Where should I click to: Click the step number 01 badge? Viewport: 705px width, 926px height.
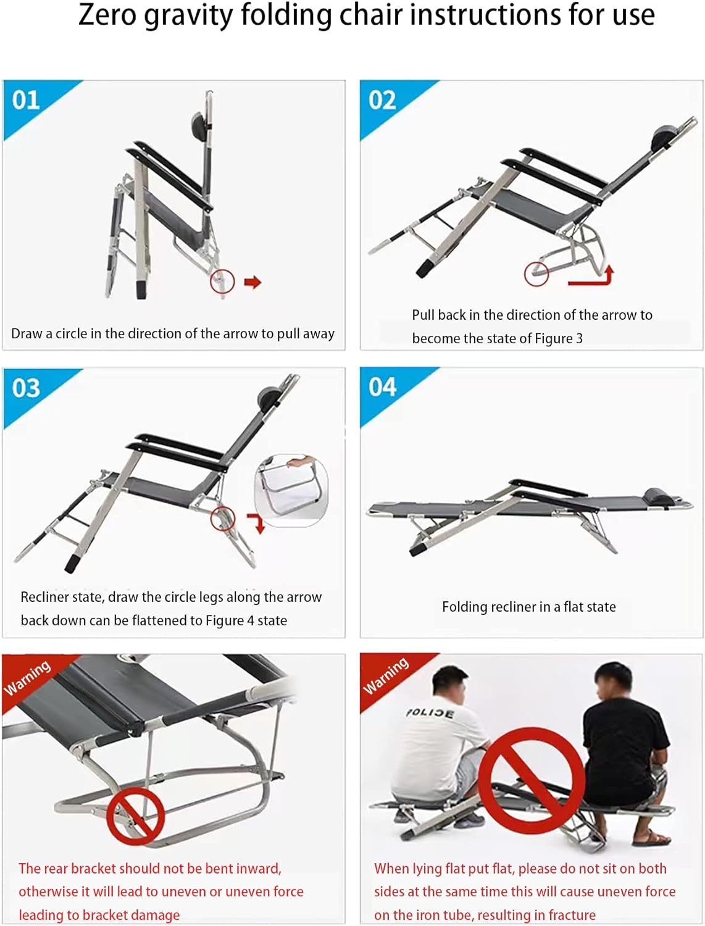tap(26, 101)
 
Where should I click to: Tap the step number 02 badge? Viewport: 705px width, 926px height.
tap(382, 101)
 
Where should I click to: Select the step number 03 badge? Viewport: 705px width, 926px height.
tap(26, 388)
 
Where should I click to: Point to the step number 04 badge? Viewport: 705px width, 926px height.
tap(382, 387)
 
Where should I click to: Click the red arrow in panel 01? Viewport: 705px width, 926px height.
tap(252, 282)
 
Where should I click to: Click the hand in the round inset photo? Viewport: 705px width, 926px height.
tap(301, 461)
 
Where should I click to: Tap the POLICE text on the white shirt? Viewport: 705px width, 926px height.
tap(430, 712)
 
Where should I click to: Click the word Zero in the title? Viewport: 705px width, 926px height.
tap(107, 15)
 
